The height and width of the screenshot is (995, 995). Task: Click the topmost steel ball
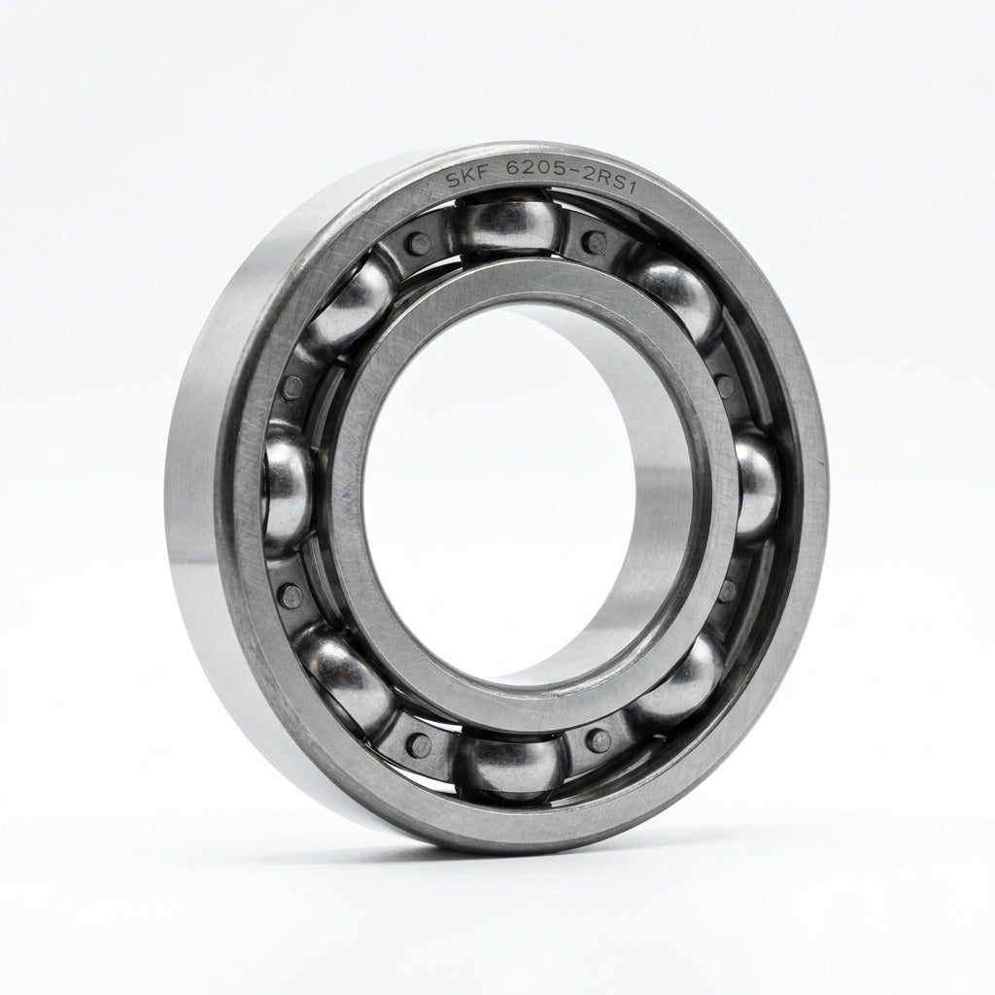505,224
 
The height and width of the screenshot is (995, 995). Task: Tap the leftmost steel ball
287,489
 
